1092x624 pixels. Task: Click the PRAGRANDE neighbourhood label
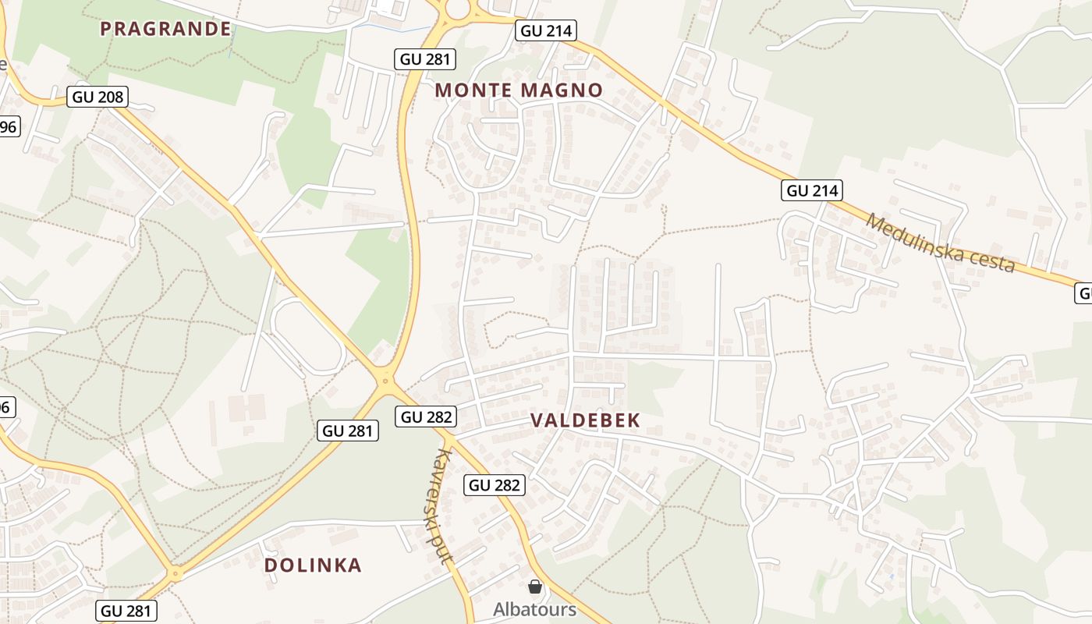click(x=165, y=30)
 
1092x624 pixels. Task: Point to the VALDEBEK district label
click(x=585, y=420)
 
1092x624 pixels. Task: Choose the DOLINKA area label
click(x=313, y=565)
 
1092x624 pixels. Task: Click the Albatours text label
click(x=534, y=609)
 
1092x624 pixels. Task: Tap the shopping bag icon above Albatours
click(x=535, y=587)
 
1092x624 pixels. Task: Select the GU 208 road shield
click(x=98, y=97)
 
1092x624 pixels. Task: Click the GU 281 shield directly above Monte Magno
click(x=425, y=59)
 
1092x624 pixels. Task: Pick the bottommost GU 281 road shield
click(x=128, y=611)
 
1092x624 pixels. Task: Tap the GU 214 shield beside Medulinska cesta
click(x=813, y=190)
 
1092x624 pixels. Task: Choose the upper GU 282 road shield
click(x=426, y=417)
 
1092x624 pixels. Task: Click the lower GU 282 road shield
click(x=495, y=485)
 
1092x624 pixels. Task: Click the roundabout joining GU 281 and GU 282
click(x=385, y=381)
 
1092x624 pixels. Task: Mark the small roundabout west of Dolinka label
click(x=175, y=574)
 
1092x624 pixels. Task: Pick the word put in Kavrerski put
click(x=446, y=550)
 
